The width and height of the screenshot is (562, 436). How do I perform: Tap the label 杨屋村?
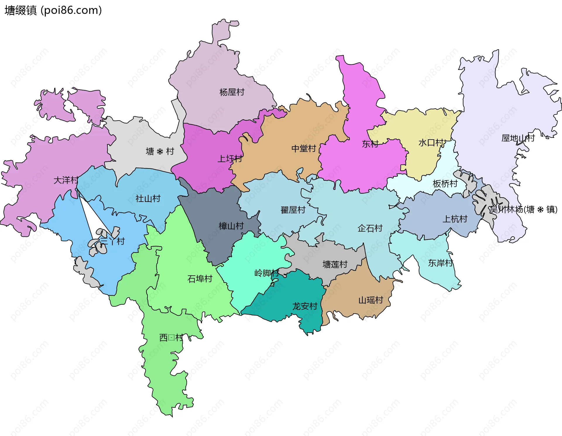pyautogui.click(x=232, y=92)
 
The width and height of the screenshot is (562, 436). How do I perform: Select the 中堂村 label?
pyautogui.click(x=304, y=149)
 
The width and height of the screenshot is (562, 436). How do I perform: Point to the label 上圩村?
pyautogui.click(x=230, y=159)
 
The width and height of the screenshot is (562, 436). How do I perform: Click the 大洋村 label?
pyautogui.click(x=66, y=180)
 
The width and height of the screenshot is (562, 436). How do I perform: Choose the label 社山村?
pyautogui.click(x=148, y=199)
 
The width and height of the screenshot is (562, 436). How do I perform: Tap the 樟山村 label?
pyautogui.click(x=231, y=226)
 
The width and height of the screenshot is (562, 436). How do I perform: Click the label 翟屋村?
pyautogui.click(x=293, y=210)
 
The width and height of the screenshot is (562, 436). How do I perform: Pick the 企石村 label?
pyautogui.click(x=370, y=228)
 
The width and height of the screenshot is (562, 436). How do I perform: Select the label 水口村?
pyautogui.click(x=431, y=143)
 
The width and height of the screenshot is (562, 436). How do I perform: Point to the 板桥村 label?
pyautogui.click(x=445, y=184)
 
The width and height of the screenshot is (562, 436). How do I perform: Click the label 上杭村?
pyautogui.click(x=455, y=219)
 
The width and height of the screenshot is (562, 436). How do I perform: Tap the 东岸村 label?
pyautogui.click(x=440, y=263)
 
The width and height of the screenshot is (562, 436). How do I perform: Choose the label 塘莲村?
pyautogui.click(x=335, y=265)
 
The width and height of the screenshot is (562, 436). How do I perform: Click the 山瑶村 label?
pyautogui.click(x=371, y=300)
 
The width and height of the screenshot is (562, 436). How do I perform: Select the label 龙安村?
pyautogui.click(x=305, y=306)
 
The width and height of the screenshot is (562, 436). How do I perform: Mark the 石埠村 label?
pyautogui.click(x=200, y=279)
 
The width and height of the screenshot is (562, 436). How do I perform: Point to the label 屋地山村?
pyautogui.click(x=518, y=138)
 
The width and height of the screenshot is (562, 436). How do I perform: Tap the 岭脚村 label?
pyautogui.click(x=266, y=273)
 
